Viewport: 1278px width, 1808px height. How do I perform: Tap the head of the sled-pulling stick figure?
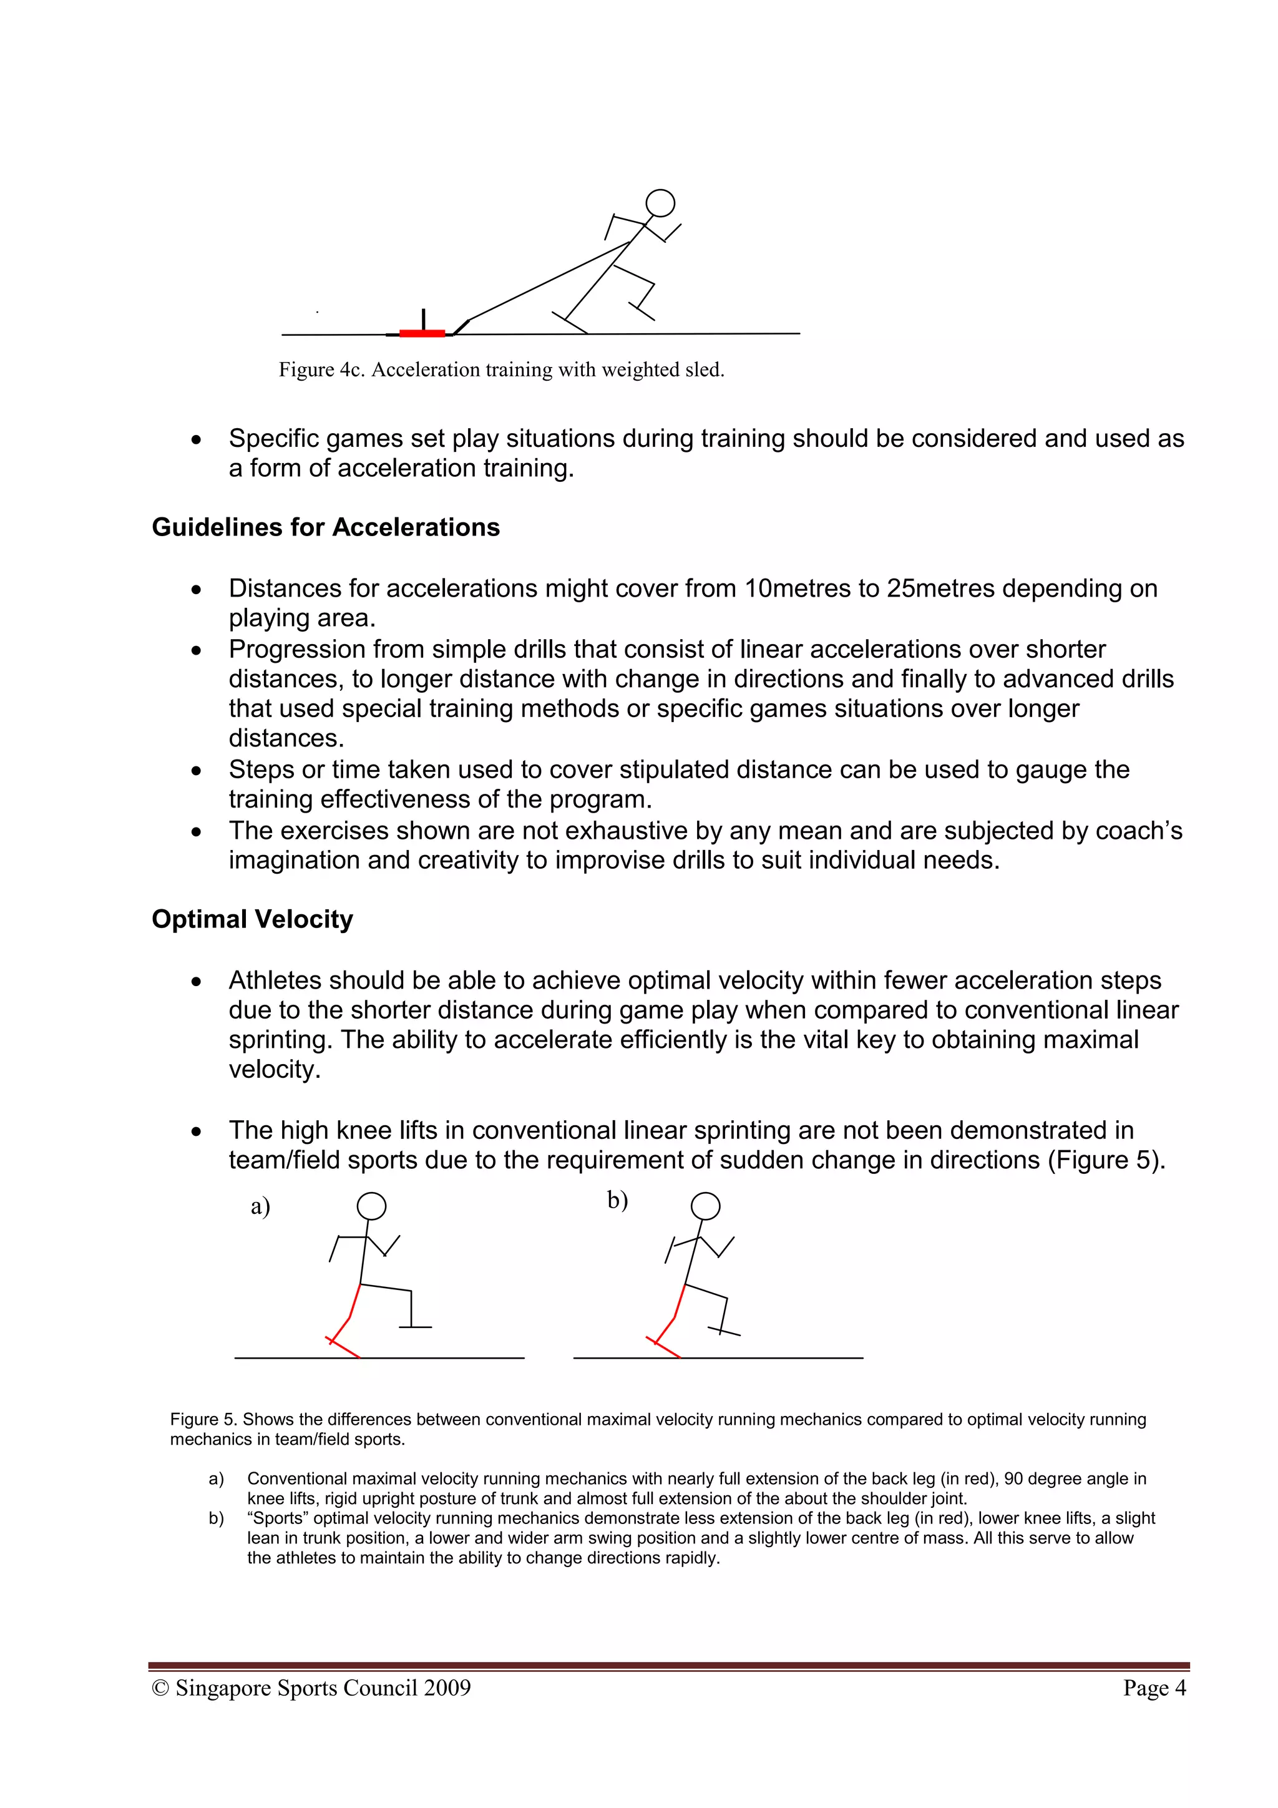(x=660, y=203)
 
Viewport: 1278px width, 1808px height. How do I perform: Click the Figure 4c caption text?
(x=501, y=369)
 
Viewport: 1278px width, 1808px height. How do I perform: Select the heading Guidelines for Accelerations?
(x=325, y=527)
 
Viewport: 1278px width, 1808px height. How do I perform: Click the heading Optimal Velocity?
(x=252, y=919)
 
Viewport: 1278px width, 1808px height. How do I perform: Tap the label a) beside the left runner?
(x=260, y=1206)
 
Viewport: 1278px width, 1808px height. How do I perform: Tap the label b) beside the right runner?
(x=617, y=1200)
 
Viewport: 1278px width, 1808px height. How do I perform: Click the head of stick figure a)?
(x=372, y=1206)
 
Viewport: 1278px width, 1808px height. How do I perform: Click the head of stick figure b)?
(x=706, y=1206)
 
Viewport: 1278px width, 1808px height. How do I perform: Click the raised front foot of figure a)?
(x=415, y=1327)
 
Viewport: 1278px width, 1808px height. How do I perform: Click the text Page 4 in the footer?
(x=1154, y=1688)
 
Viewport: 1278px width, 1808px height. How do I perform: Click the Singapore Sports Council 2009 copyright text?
(x=312, y=1688)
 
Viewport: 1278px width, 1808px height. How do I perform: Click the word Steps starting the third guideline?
(x=264, y=770)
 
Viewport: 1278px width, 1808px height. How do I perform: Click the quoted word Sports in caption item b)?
(x=278, y=1518)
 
